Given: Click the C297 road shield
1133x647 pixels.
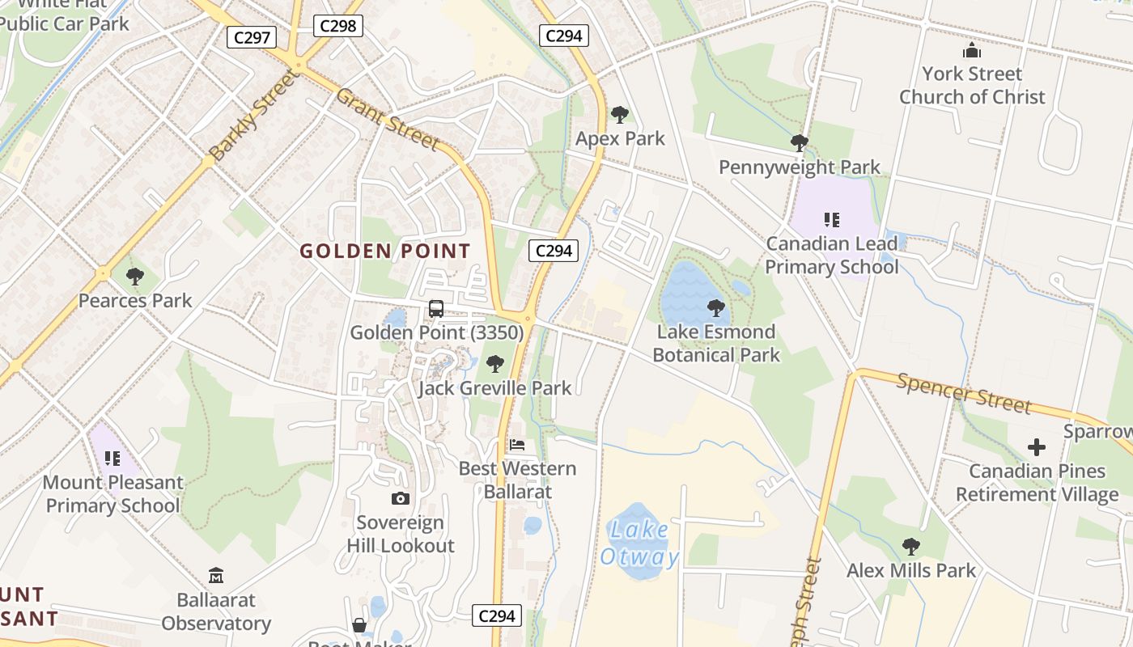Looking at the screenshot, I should (x=252, y=37).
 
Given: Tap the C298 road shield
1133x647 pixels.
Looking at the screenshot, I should (x=338, y=26).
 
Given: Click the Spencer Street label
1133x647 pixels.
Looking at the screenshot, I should (x=964, y=393).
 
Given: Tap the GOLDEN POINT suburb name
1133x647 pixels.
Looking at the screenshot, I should (x=385, y=252).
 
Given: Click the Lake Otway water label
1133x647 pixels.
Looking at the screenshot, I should (x=639, y=543).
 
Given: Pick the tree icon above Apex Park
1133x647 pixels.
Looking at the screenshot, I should (x=620, y=115).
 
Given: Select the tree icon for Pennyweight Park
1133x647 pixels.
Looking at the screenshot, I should (x=800, y=144).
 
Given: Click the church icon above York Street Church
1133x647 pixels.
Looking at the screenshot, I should (x=972, y=52).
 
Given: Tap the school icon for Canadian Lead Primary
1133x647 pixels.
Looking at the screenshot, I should (x=832, y=219).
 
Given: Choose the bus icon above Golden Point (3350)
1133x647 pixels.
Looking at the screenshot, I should (x=436, y=308).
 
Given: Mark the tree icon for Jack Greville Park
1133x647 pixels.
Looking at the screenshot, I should (x=495, y=364).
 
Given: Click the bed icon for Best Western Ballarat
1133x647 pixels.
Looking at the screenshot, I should (x=517, y=445).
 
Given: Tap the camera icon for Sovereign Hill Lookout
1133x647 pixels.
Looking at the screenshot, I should (x=401, y=498).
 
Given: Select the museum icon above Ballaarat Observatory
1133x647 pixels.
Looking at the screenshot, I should (x=216, y=576).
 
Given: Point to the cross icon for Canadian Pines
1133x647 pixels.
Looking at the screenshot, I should (x=1037, y=446).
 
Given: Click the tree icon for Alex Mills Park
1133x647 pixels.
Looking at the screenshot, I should (x=911, y=547).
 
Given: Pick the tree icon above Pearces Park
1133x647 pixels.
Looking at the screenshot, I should (x=135, y=277).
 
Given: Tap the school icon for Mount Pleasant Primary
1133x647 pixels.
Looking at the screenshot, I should (x=112, y=459).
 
